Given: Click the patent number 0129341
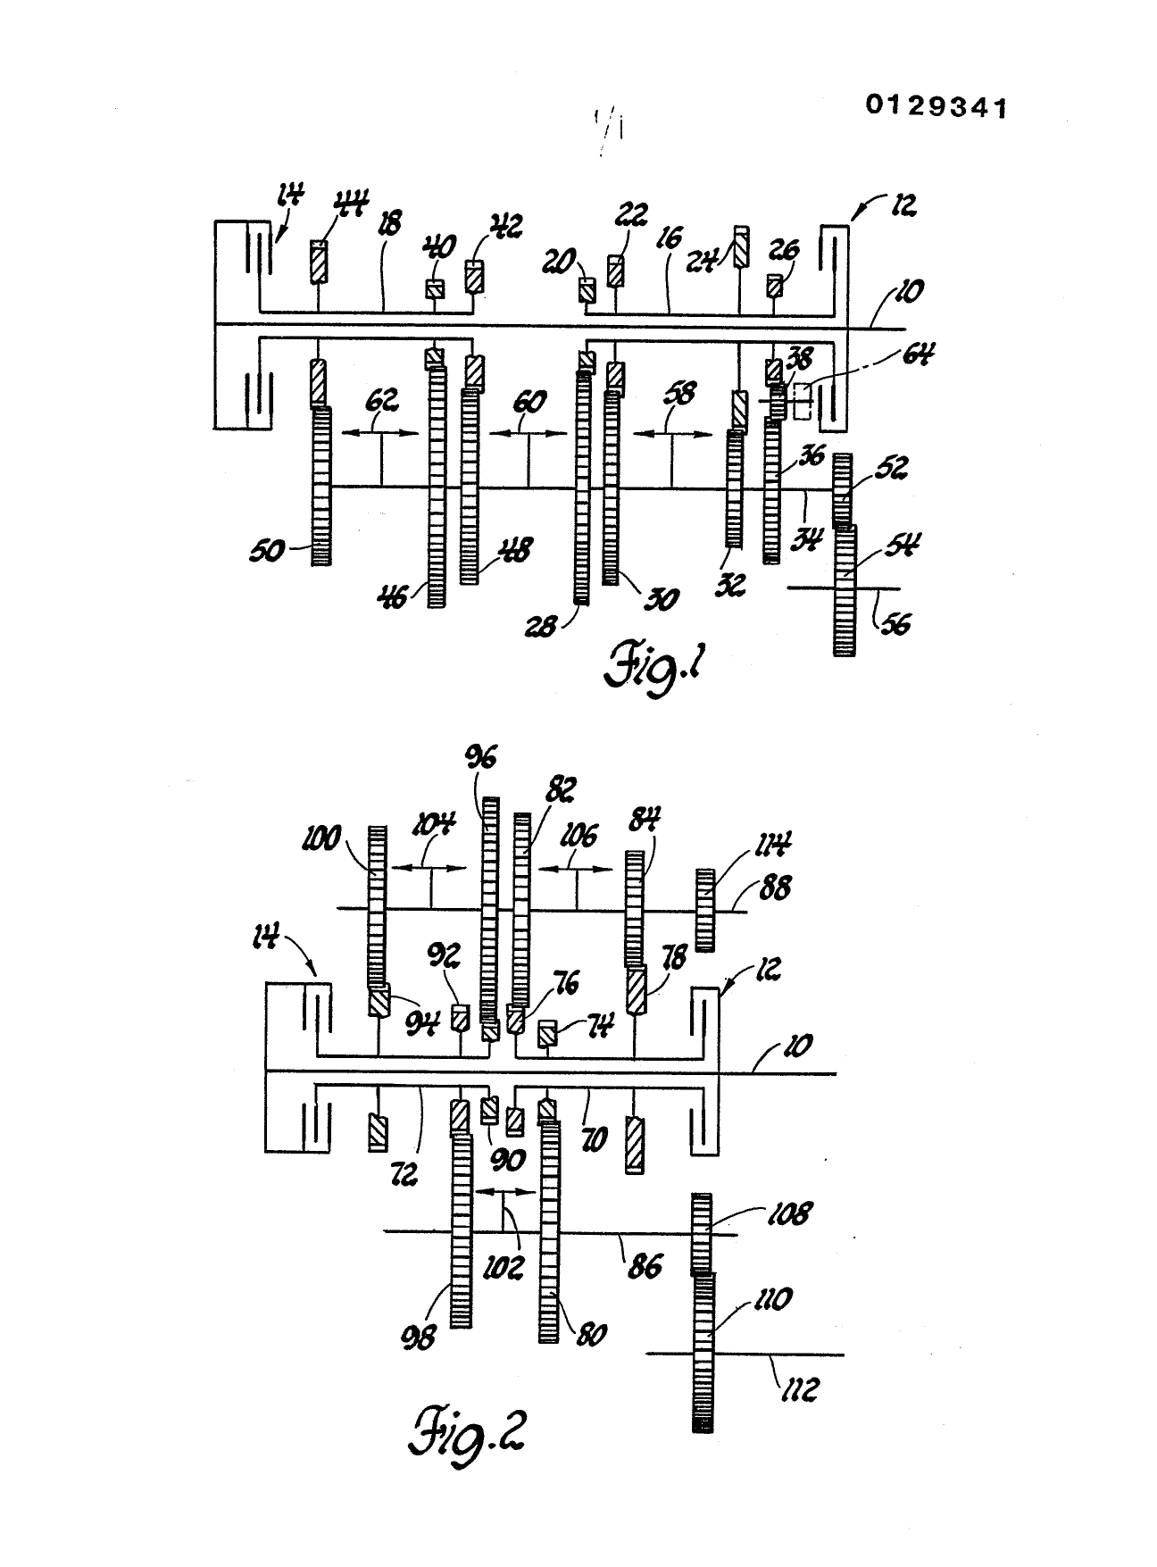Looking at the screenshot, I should tap(936, 107).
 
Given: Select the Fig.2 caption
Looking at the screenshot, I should tap(466, 1437).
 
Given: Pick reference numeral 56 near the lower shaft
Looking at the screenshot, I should tap(895, 622).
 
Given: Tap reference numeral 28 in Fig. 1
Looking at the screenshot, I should tap(541, 626).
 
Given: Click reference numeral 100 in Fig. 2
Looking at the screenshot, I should tap(322, 838).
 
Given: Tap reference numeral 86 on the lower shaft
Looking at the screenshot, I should tap(644, 1265).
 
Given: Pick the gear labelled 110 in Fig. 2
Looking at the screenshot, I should tap(705, 1353).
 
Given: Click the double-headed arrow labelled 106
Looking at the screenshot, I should tap(576, 868).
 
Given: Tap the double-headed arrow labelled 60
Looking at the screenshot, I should tap(528, 433).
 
